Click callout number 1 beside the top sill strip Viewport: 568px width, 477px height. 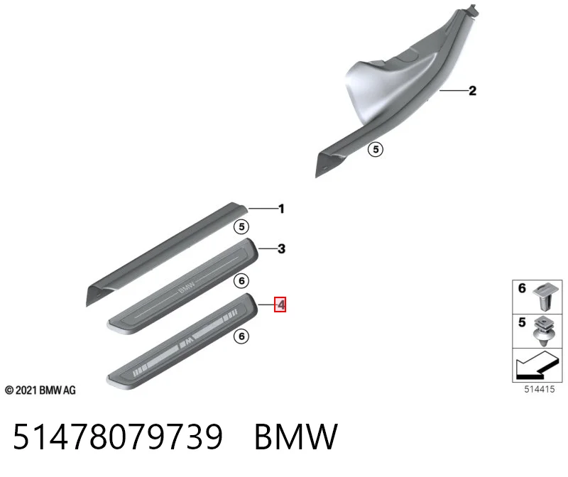click(281, 209)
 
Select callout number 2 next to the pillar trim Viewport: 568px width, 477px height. click(472, 91)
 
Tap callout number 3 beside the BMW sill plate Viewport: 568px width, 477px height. click(281, 249)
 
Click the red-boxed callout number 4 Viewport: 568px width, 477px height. click(280, 305)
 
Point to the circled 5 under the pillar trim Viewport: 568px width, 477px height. click(376, 149)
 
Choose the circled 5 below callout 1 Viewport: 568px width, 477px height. click(241, 226)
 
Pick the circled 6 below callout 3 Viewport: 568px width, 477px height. click(241, 280)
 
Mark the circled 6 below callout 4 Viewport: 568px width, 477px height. click(241, 336)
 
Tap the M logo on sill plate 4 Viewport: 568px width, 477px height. click(187, 341)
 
